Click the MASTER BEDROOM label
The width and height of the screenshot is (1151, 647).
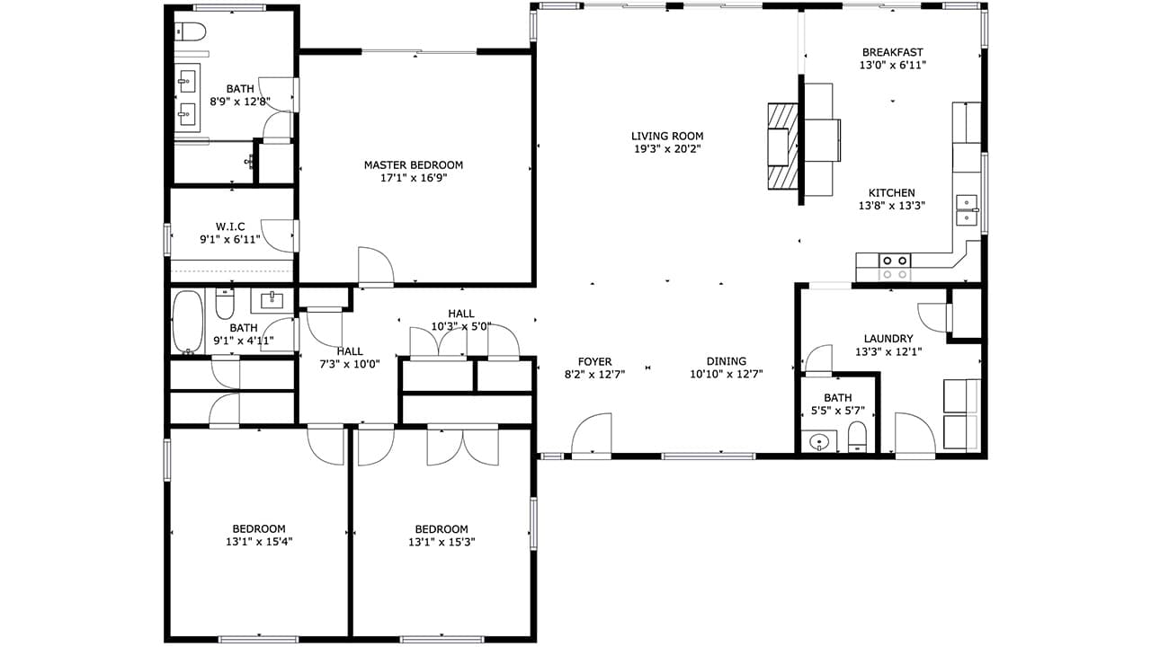pyautogui.click(x=414, y=165)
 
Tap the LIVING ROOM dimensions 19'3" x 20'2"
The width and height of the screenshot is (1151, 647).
pyautogui.click(x=667, y=149)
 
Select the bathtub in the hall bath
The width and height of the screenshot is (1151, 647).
pyautogui.click(x=188, y=322)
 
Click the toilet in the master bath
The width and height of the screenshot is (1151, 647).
pyautogui.click(x=191, y=31)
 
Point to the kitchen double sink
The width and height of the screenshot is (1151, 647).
pyautogui.click(x=967, y=210)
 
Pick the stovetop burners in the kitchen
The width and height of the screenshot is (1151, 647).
pyautogui.click(x=895, y=267)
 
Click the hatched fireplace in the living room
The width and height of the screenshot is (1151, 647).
pyautogui.click(x=783, y=146)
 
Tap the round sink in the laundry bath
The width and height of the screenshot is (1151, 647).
pyautogui.click(x=817, y=441)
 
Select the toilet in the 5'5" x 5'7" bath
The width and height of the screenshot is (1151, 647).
pyautogui.click(x=857, y=437)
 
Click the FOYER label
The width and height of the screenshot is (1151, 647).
pyautogui.click(x=595, y=361)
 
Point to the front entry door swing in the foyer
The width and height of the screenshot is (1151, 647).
pyautogui.click(x=591, y=434)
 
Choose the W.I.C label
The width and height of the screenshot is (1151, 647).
pyautogui.click(x=230, y=226)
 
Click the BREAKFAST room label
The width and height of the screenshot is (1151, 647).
pyautogui.click(x=893, y=52)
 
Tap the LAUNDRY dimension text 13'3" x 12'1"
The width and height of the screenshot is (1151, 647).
pyautogui.click(x=888, y=351)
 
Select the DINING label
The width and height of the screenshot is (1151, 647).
pyautogui.click(x=727, y=361)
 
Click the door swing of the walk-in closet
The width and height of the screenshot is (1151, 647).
pyautogui.click(x=280, y=235)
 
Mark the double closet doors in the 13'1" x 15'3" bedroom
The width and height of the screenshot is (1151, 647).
pyautogui.click(x=463, y=446)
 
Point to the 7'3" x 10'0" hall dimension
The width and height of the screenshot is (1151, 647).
pyautogui.click(x=350, y=365)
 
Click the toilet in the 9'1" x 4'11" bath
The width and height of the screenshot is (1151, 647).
pyautogui.click(x=225, y=305)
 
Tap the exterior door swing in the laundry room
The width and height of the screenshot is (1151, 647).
pyautogui.click(x=915, y=434)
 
